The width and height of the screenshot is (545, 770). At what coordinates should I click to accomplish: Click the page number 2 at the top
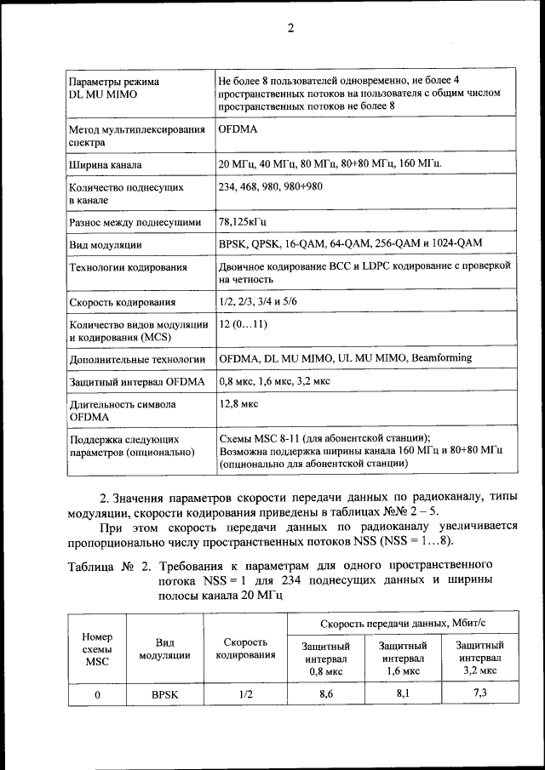(290, 28)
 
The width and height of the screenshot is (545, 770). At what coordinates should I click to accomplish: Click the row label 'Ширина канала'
(106, 164)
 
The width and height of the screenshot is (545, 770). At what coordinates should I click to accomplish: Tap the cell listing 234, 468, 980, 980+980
(270, 186)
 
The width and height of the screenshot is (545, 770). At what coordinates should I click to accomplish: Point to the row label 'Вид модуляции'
(105, 245)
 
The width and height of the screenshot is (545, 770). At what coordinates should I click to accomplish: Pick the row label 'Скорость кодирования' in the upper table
(123, 302)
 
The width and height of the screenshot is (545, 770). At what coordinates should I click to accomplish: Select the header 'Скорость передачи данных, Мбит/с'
(404, 625)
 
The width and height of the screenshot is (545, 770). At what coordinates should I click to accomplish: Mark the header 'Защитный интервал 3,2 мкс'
(480, 658)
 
